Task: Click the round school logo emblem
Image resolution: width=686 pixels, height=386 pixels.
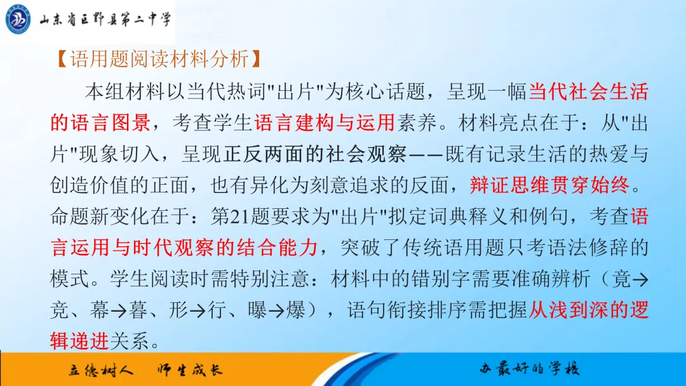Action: coord(18,19)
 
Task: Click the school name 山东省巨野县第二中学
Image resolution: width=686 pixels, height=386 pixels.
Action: coord(105,19)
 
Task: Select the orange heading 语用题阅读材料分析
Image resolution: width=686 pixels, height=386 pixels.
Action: coord(159,58)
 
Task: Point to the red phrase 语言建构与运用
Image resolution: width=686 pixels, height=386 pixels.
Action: coord(325,123)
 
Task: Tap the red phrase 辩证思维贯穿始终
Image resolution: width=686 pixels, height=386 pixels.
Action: coord(549,185)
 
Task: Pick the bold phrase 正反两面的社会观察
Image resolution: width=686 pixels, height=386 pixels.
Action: coord(316,154)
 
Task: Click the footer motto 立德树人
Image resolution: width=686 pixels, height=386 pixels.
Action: coord(100,370)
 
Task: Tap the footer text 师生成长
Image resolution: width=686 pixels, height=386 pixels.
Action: coord(191,370)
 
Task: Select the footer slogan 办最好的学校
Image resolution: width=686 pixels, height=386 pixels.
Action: coord(529,369)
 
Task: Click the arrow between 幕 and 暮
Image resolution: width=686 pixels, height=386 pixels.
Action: coord(118,312)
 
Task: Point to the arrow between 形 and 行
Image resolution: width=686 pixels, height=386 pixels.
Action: coord(198,312)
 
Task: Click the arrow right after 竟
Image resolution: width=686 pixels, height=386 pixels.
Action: coord(640,280)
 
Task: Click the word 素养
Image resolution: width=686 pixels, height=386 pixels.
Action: coord(416,123)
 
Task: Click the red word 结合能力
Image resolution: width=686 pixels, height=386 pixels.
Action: coord(278,248)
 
